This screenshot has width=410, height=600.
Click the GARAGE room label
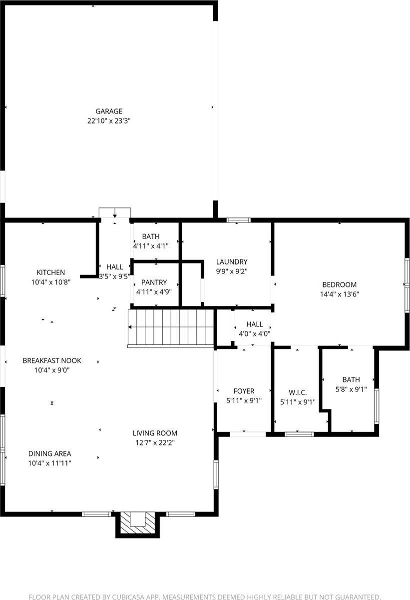[109, 111]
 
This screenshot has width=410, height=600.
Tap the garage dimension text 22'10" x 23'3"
[109, 120]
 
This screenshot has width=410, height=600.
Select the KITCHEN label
[50, 272]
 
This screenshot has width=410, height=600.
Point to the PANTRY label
[154, 282]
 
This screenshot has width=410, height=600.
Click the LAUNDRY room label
[231, 261]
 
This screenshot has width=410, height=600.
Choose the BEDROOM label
[339, 285]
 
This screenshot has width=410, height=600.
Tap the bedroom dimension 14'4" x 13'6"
[339, 294]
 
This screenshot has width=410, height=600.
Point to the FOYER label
[244, 391]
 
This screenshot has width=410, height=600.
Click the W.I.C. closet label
[297, 392]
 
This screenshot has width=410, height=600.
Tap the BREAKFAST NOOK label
[51, 360]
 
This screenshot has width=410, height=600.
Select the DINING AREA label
[49, 453]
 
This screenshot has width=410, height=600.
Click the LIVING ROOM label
[155, 433]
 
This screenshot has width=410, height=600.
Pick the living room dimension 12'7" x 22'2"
[155, 442]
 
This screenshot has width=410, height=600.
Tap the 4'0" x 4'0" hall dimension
[254, 334]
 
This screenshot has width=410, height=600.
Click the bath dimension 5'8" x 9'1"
[351, 389]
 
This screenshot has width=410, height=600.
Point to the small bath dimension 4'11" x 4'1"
[151, 246]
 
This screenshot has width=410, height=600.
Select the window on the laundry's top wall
[238, 220]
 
